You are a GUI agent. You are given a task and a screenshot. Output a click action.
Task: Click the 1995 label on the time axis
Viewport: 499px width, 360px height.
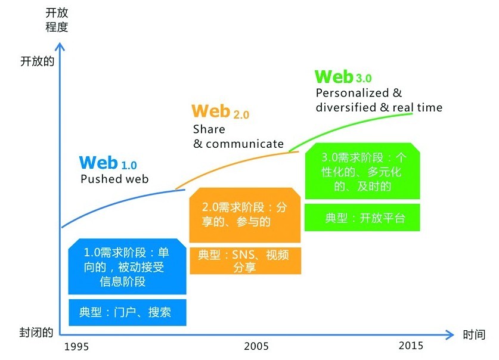point(76,346)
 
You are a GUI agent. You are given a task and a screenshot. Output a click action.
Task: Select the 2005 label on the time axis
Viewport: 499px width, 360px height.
point(256,346)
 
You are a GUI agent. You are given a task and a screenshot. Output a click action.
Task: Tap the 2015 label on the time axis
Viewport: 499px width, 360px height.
point(411,345)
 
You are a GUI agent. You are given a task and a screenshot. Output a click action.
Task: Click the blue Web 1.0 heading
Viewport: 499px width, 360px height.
point(108,163)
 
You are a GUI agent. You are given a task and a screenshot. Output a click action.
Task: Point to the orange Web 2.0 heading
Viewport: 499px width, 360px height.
point(220,111)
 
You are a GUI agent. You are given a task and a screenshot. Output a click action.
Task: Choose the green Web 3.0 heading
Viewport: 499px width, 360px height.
point(343,77)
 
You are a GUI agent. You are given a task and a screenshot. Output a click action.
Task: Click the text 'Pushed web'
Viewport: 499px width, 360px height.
point(114,179)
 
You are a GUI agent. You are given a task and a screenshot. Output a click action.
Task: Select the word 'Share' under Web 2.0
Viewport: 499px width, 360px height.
point(209,129)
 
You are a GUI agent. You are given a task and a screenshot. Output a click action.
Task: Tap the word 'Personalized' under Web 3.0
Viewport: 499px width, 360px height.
point(352,93)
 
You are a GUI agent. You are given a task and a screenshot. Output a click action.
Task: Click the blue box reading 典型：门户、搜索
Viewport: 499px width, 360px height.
point(128,312)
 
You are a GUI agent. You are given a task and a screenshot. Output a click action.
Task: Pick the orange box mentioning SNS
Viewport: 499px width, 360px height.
point(245,261)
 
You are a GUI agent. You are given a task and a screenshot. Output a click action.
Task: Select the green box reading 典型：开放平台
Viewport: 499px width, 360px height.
point(362,218)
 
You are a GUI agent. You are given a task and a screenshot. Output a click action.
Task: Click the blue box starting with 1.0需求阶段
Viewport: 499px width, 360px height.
point(128,266)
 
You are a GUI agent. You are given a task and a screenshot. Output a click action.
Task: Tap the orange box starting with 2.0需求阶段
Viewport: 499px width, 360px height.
point(245,215)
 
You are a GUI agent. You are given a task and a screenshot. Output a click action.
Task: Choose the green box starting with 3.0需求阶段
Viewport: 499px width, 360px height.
point(362,171)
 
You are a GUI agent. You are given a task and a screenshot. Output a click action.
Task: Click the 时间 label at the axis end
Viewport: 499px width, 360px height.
point(474,334)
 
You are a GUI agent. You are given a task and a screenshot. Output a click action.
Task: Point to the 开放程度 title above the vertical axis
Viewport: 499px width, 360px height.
point(57,20)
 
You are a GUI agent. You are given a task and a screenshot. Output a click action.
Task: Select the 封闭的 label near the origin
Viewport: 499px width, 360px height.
point(36,333)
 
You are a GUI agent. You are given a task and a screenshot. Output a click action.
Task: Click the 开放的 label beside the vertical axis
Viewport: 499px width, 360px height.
point(37,61)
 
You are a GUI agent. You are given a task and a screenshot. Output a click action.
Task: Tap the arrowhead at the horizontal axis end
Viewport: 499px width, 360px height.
point(450,334)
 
